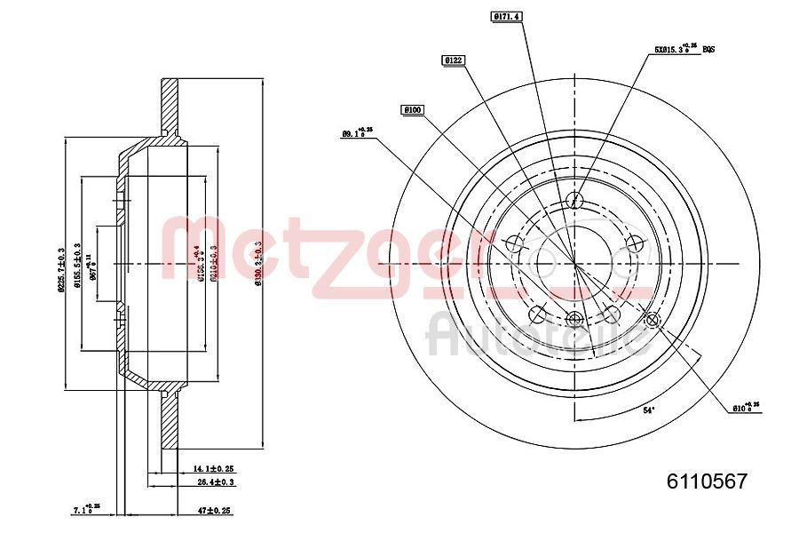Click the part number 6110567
pos(708,482)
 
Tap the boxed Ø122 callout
pos(454,60)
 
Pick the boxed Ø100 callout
pos(413,109)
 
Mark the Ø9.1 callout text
pos(357,133)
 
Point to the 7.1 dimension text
pos(86,511)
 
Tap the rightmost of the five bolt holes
pos(634,243)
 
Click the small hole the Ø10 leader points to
pos(653,321)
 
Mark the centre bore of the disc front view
pos(574,264)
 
